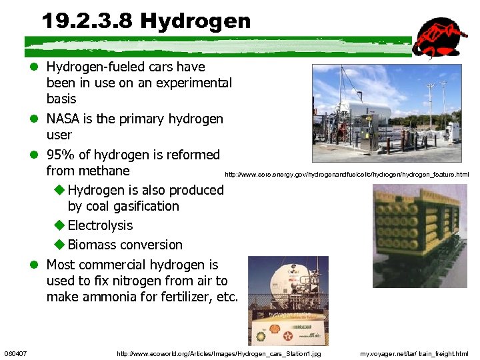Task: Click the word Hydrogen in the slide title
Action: coord(195,21)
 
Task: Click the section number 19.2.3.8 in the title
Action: coord(87,21)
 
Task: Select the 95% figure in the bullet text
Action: coord(61,155)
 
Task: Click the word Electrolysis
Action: coord(100,225)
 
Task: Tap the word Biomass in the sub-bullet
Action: coord(93,245)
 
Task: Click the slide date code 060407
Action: coord(15,353)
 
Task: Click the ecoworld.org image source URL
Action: coord(219,353)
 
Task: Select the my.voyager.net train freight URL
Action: coord(414,353)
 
